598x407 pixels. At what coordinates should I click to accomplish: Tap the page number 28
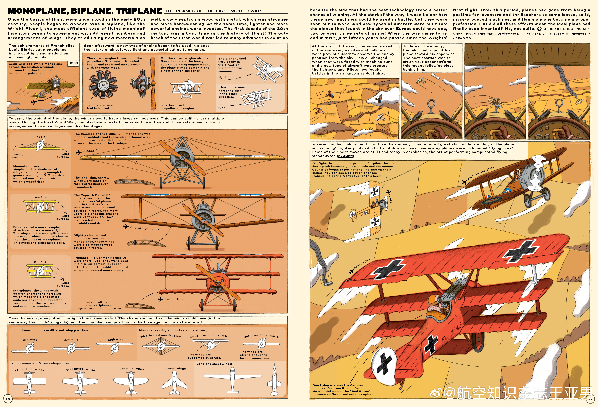tap(8, 399)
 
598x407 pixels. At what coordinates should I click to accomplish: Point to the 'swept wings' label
tap(176, 368)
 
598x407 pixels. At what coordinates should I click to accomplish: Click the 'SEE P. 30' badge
tap(346, 156)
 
